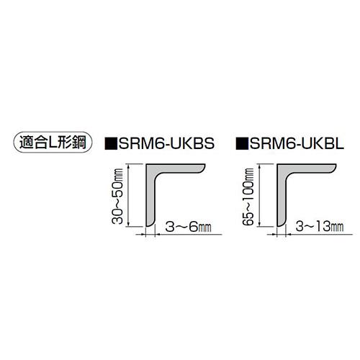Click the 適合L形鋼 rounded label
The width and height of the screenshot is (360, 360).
tap(53, 143)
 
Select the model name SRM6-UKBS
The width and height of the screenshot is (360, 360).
tap(166, 143)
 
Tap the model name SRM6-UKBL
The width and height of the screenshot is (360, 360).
tap(297, 143)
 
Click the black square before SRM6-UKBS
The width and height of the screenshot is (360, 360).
tap(111, 143)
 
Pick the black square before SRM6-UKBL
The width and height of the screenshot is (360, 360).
tap(242, 143)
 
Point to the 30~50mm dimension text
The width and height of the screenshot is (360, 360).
tap(117, 196)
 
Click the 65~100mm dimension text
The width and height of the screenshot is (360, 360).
tap(248, 196)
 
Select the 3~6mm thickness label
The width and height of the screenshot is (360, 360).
tap(189, 227)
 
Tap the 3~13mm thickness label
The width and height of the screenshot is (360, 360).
tap(320, 227)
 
